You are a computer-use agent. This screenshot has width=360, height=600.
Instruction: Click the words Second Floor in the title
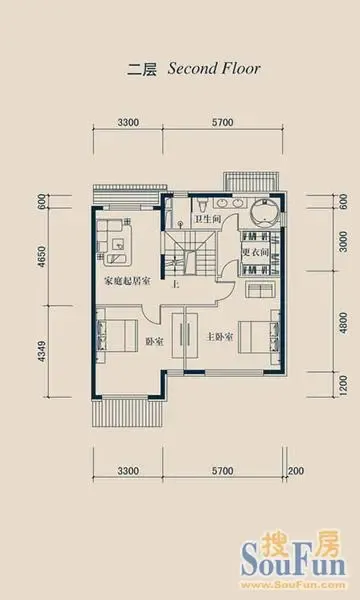pos(214,69)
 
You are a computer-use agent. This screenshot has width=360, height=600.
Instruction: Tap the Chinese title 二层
pos(142,70)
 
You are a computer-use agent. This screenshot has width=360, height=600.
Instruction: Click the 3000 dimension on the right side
pos(344,241)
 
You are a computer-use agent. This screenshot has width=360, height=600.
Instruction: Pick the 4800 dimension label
pos(344,323)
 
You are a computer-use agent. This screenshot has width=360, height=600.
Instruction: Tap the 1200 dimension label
pos(344,385)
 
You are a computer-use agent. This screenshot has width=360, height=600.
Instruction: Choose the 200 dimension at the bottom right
pos(296,470)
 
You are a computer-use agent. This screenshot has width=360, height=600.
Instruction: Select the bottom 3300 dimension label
pos(128,470)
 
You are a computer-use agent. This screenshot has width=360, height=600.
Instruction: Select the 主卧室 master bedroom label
pos(220,338)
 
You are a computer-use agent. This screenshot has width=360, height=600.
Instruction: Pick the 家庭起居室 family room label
pos(127,282)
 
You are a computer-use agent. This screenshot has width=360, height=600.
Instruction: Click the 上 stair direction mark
pos(176,285)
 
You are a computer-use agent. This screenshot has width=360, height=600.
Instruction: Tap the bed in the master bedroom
pos(254,337)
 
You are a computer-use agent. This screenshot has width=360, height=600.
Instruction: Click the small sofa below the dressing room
pos(260,289)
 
